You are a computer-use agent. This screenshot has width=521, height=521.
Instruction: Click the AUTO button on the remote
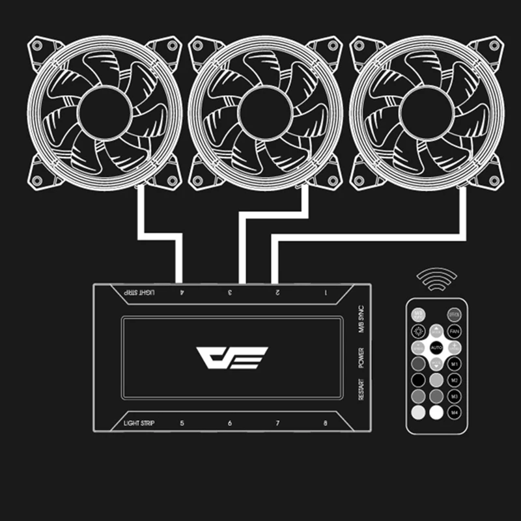coord(436,348)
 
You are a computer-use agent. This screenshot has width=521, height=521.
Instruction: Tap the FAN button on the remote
coord(455,331)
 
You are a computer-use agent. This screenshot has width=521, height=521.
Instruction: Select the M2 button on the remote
coord(455,380)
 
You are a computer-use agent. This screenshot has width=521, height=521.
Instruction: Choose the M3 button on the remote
coord(455,396)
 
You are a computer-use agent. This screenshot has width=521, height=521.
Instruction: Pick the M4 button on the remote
coord(455,412)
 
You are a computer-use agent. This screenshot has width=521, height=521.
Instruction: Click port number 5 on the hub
coord(182,423)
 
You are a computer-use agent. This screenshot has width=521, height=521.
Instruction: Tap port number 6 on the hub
coord(229,423)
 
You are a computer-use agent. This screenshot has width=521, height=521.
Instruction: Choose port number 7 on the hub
coord(277,423)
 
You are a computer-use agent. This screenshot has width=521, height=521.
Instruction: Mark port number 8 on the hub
coord(326,423)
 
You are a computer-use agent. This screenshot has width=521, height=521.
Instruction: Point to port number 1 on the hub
coord(326,292)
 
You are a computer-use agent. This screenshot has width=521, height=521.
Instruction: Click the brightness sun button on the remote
coord(419,331)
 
